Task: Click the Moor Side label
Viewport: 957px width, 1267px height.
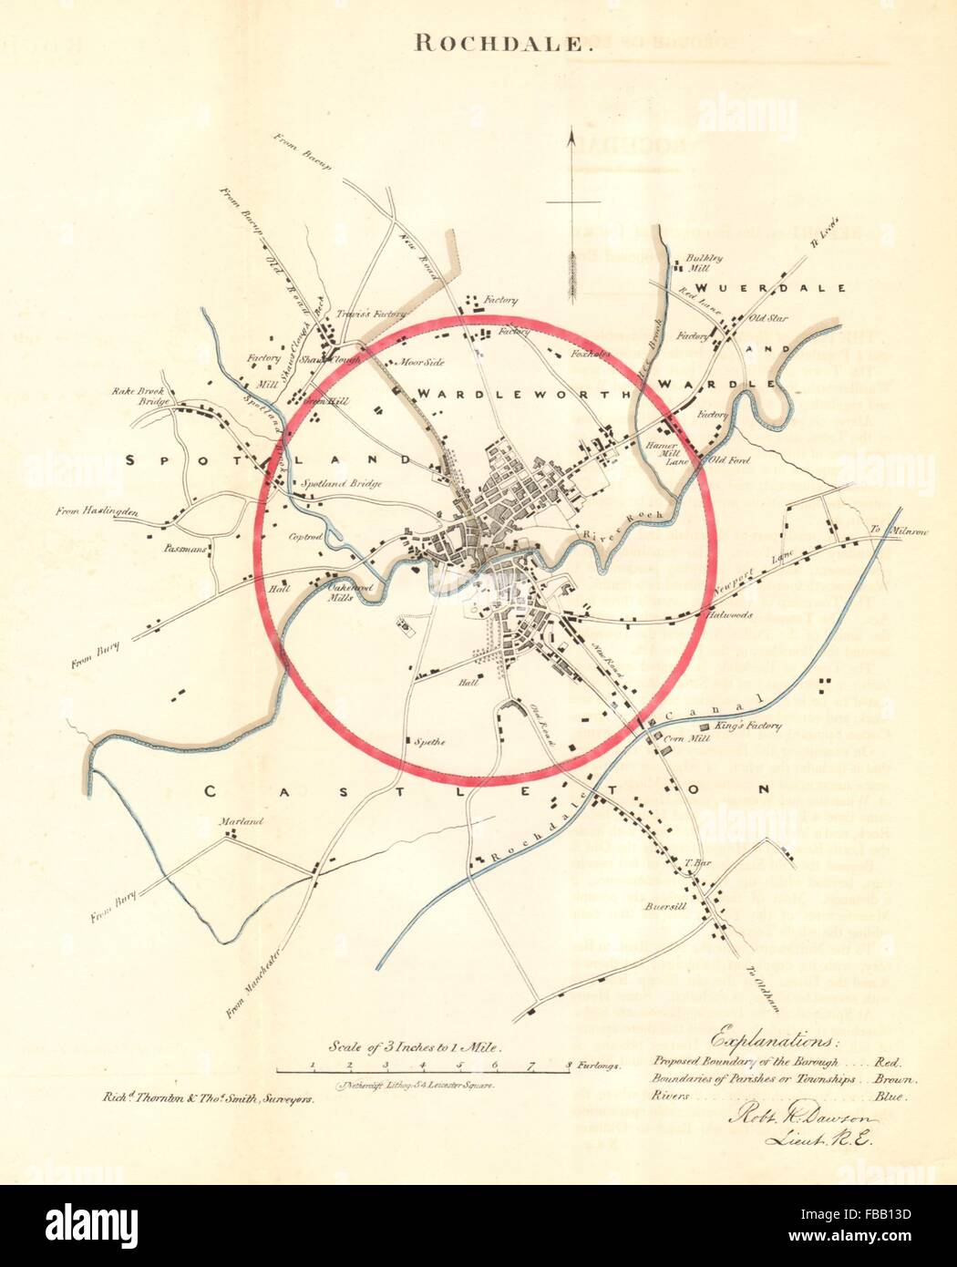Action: click(x=422, y=362)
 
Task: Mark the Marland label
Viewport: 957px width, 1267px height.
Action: click(x=241, y=821)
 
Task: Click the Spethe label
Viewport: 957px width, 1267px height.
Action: click(x=430, y=741)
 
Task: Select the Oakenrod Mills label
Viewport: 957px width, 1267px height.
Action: click(x=325, y=593)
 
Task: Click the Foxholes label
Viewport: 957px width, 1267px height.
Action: click(x=592, y=354)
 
